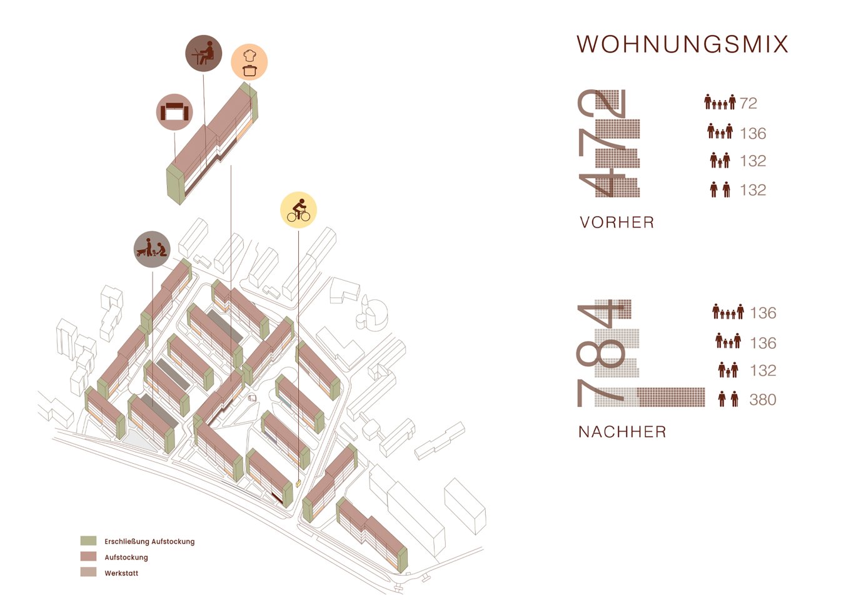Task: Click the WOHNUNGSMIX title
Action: [682, 44]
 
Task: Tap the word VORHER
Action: [617, 222]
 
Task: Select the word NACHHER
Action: [622, 432]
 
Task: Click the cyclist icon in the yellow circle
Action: [298, 210]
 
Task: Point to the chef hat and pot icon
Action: [249, 62]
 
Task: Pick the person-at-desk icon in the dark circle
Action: [204, 53]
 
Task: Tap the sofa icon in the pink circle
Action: [174, 112]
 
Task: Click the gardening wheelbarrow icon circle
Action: [152, 249]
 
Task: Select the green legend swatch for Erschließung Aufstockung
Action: [88, 541]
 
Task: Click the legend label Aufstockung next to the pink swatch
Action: [126, 557]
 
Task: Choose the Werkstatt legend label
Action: [121, 573]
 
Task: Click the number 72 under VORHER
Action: [748, 103]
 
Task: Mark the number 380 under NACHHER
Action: [763, 400]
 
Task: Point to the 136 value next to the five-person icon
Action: [763, 313]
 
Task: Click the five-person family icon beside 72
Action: [720, 102]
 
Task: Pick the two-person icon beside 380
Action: [728, 399]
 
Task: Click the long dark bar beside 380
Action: [671, 397]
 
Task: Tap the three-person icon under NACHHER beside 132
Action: [728, 370]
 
